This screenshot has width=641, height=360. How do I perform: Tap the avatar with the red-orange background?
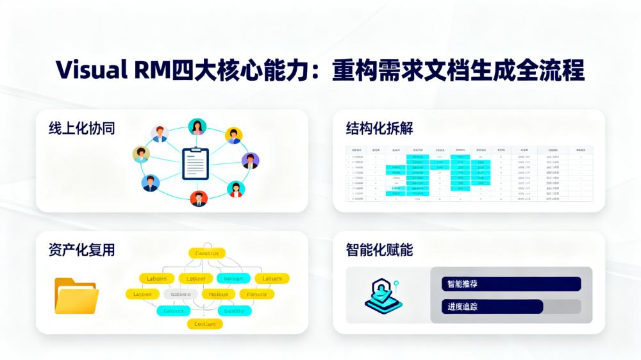[199, 199]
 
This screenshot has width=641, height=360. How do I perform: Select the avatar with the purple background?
[250, 161]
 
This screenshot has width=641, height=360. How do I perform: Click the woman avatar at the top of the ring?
[197, 127]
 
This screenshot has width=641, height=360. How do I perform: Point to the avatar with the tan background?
[141, 154]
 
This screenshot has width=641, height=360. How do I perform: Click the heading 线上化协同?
[81, 128]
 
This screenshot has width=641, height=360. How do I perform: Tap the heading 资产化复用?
[81, 250]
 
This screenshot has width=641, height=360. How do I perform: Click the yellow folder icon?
[76, 295]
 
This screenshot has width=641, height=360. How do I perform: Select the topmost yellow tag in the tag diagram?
[206, 254]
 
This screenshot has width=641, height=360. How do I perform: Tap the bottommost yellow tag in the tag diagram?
[204, 324]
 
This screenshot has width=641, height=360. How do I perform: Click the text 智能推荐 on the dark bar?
[463, 284]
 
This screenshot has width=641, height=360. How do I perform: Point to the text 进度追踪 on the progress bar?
[463, 306]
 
